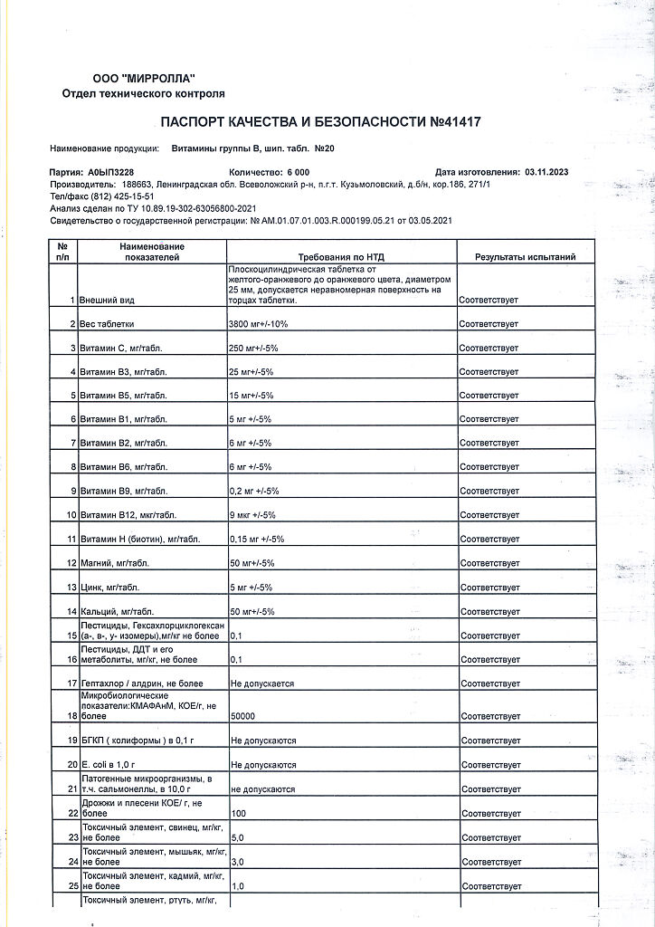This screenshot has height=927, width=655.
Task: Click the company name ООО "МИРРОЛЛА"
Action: click(144, 79)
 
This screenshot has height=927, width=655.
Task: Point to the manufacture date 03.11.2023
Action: click(546, 171)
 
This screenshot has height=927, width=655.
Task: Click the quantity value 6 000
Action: click(298, 171)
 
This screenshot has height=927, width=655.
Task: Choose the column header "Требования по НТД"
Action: click(343, 257)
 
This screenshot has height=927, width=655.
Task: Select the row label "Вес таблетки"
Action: click(108, 323)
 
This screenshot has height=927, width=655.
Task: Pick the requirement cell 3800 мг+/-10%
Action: click(266, 323)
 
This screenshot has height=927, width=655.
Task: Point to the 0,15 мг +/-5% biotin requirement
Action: click(258, 540)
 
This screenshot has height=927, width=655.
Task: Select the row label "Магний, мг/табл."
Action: click(115, 563)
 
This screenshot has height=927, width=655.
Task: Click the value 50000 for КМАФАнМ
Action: click(243, 716)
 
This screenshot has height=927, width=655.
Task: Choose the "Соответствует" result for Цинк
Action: click(489, 588)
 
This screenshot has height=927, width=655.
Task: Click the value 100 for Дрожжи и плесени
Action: click(239, 814)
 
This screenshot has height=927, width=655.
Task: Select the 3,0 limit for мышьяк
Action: click(238, 863)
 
